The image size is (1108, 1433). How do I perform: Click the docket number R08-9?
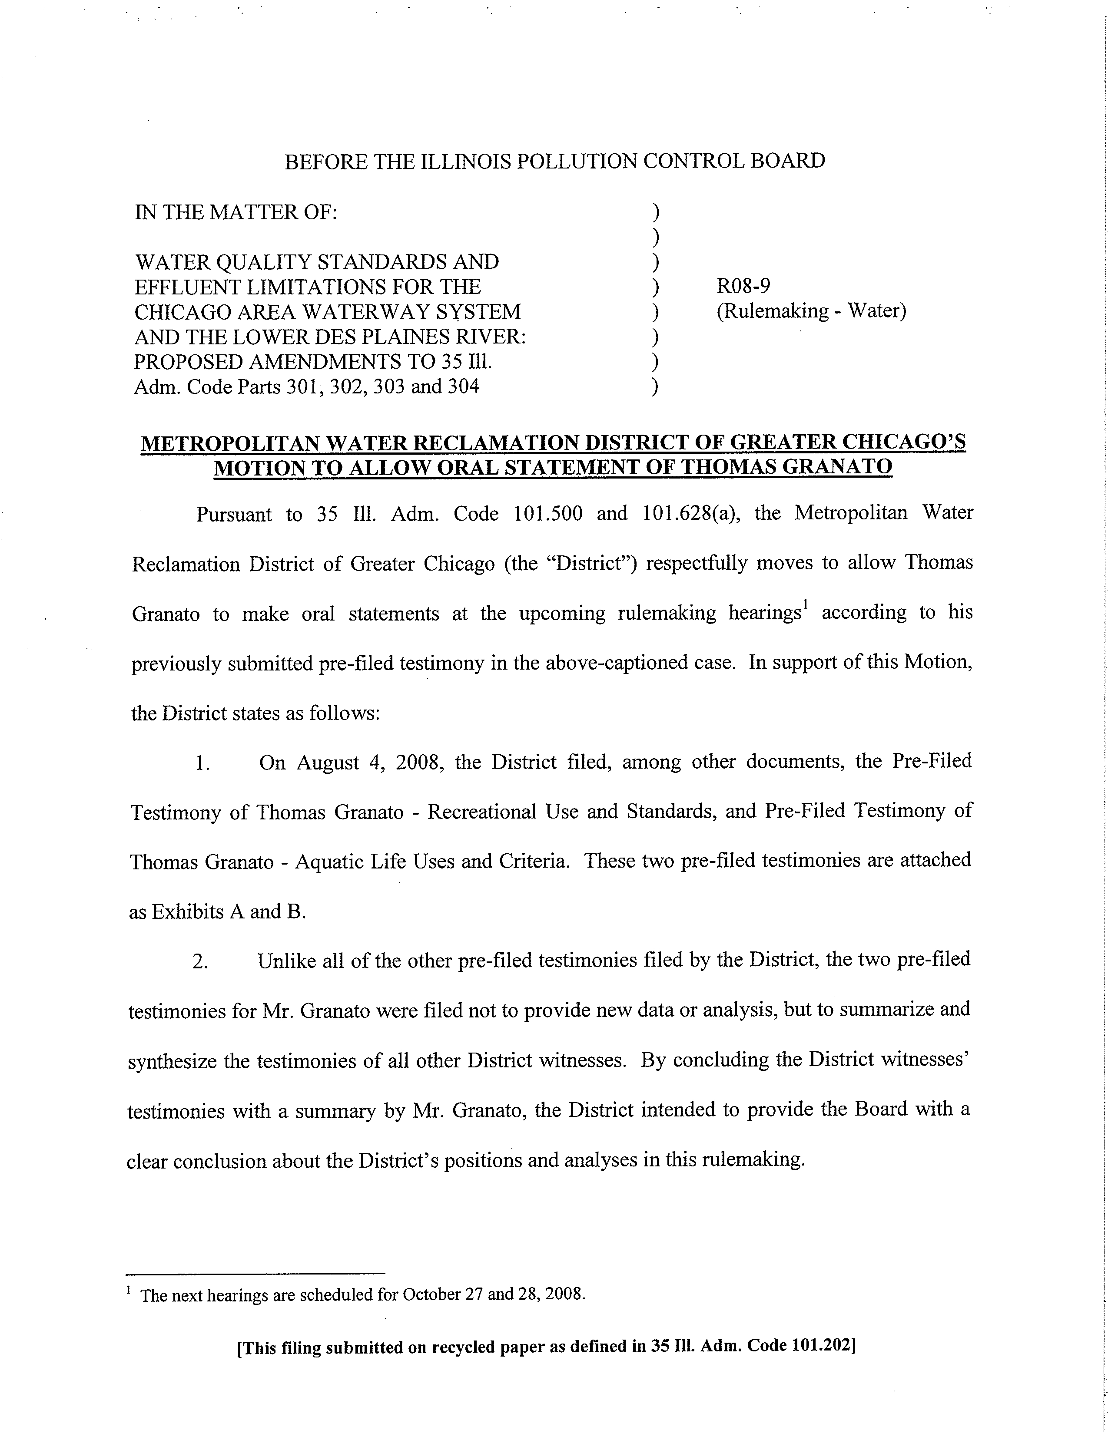coord(743,286)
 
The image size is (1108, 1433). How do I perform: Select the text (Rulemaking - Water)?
coord(811,311)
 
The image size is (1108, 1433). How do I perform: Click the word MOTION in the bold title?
coord(257,468)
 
